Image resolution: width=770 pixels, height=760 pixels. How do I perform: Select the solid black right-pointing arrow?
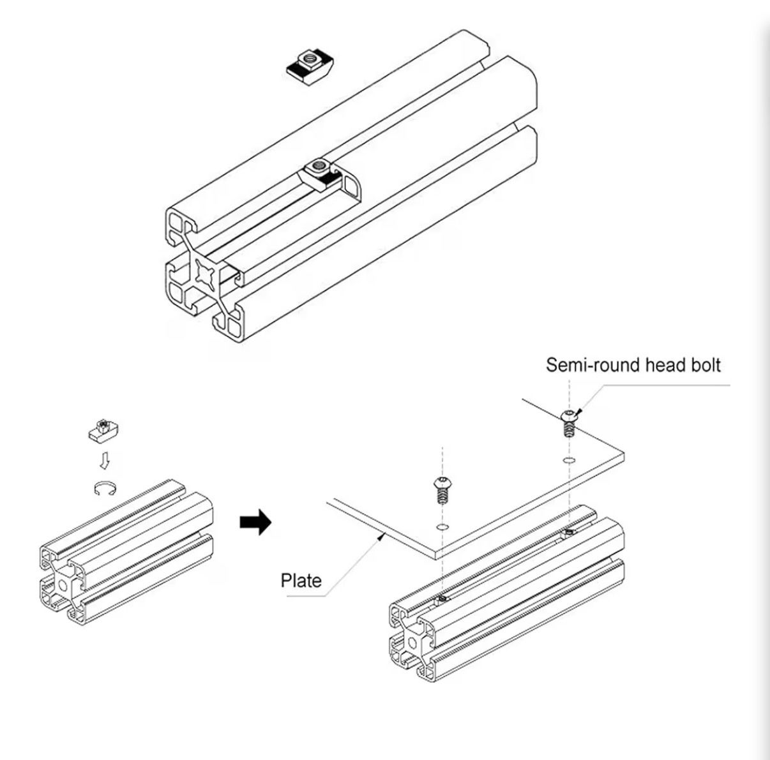[x=255, y=521]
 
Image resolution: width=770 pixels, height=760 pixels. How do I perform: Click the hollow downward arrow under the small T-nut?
[x=104, y=459]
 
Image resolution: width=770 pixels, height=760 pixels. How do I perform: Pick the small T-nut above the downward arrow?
[x=103, y=429]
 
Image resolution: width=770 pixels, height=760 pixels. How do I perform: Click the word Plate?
[x=301, y=580]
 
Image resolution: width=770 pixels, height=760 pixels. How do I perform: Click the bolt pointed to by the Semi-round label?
[x=569, y=422]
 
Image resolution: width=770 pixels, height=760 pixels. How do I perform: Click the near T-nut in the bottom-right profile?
[x=442, y=598]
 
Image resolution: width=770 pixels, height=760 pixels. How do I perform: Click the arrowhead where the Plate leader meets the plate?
[x=382, y=535]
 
